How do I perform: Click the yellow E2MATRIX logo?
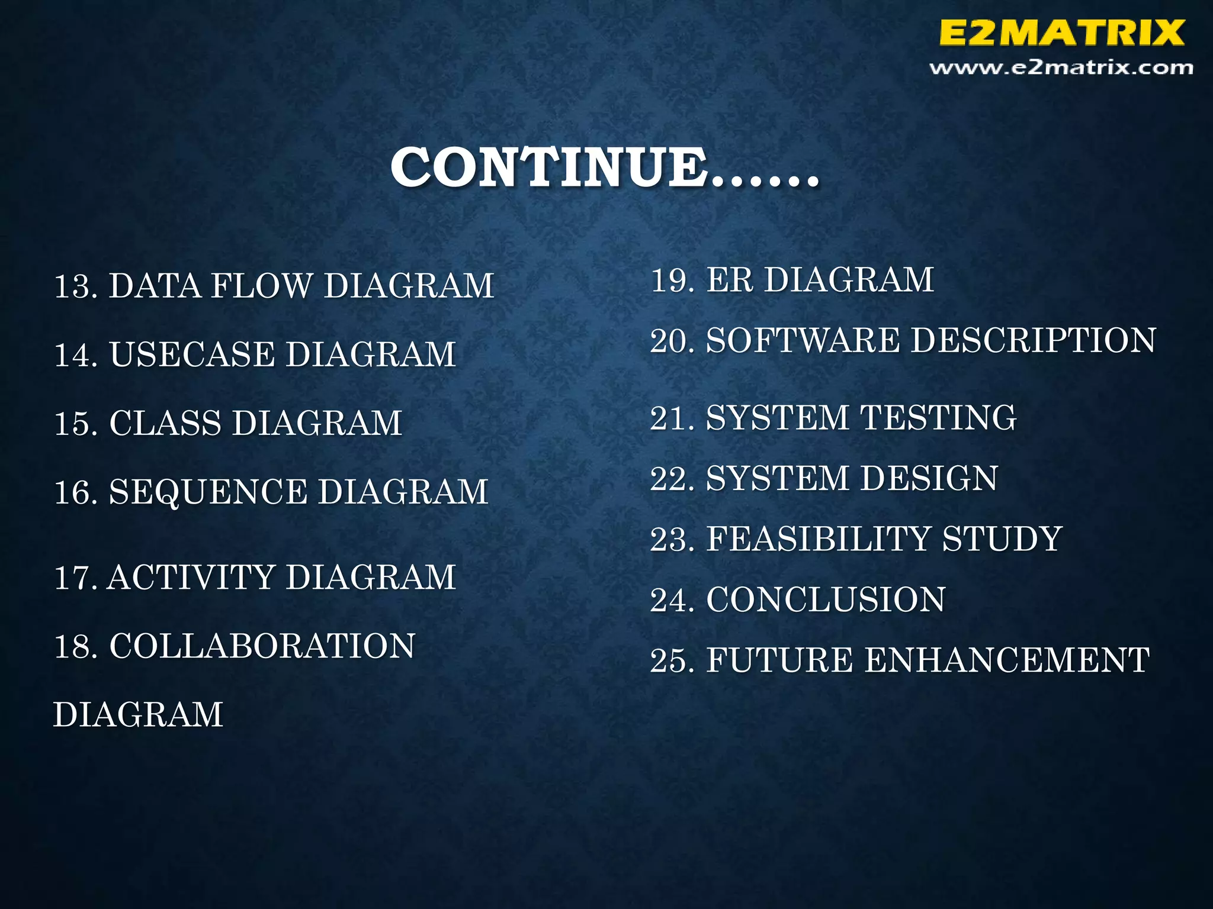point(1061,33)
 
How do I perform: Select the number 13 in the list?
point(75,286)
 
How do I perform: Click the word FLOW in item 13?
point(261,286)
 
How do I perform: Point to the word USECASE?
point(192,355)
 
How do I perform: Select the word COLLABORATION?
point(262,646)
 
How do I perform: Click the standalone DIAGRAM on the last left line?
point(138,715)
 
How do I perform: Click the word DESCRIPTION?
point(1033,341)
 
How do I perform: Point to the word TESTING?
point(938,418)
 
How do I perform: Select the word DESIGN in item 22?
point(929,479)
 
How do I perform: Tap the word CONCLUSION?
point(826,600)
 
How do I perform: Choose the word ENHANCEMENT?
point(1007,660)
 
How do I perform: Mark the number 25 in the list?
point(670,661)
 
